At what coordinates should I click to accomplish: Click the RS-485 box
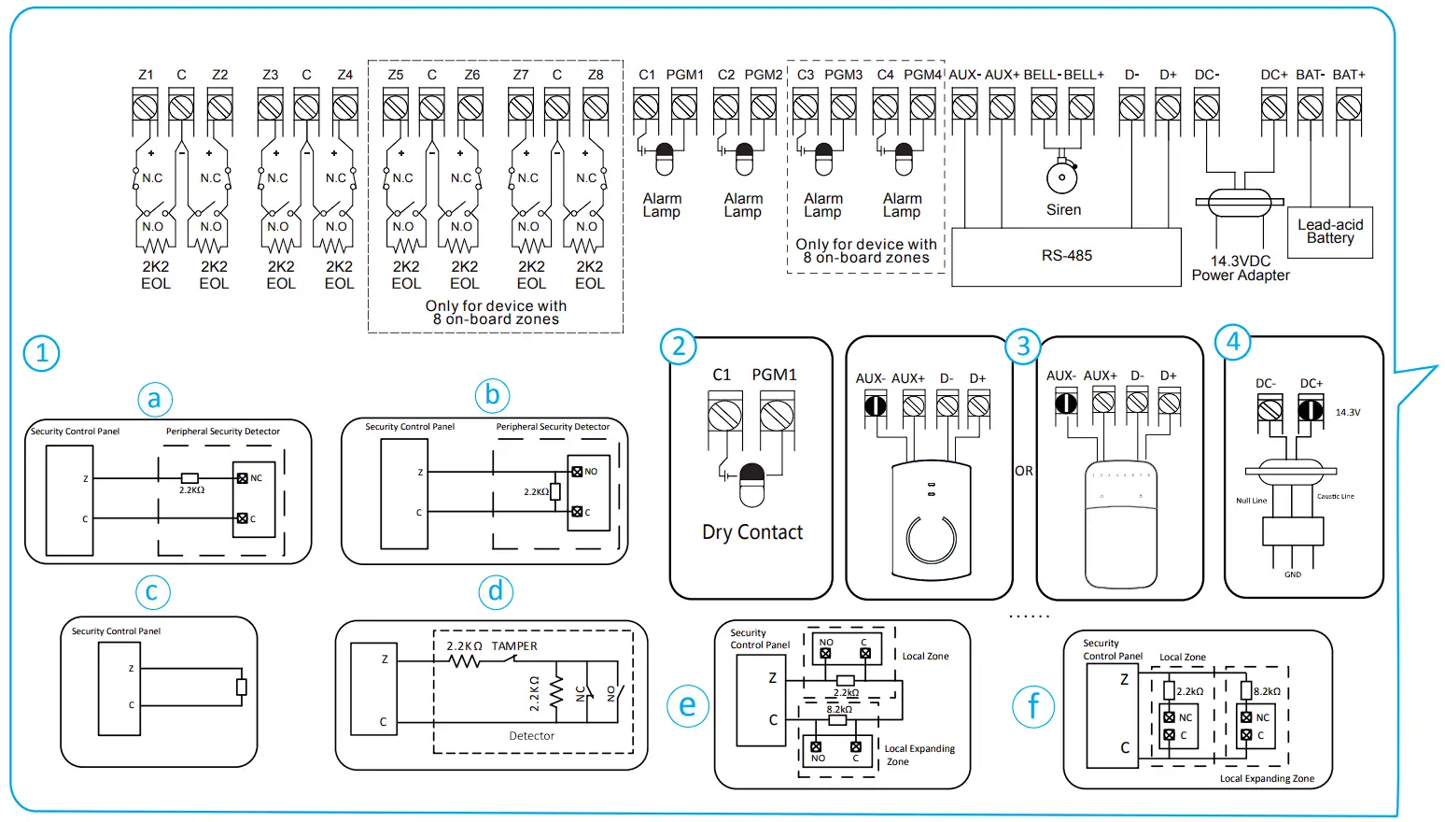[1066, 256]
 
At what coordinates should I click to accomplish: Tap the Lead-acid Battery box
[1330, 232]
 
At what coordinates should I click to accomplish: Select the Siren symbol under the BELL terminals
[1062, 176]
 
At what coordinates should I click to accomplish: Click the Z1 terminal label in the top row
[146, 75]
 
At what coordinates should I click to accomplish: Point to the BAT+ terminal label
[1348, 75]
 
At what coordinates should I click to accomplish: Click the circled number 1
[41, 353]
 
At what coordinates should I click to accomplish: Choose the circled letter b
[493, 395]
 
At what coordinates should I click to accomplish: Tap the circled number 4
[1233, 342]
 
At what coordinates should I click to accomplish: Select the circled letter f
[1033, 706]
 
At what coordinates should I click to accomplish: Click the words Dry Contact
[752, 532]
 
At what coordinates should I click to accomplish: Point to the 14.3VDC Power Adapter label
[1241, 268]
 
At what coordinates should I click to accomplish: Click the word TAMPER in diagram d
[514, 646]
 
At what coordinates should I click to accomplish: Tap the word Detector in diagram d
[531, 736]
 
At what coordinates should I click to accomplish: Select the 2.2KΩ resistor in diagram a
[189, 478]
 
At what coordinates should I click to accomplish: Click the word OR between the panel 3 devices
[1024, 471]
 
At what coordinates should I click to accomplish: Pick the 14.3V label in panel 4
[1347, 412]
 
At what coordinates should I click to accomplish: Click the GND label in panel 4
[1292, 574]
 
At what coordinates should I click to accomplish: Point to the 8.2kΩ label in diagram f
[1267, 692]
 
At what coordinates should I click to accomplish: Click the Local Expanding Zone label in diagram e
[919, 755]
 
